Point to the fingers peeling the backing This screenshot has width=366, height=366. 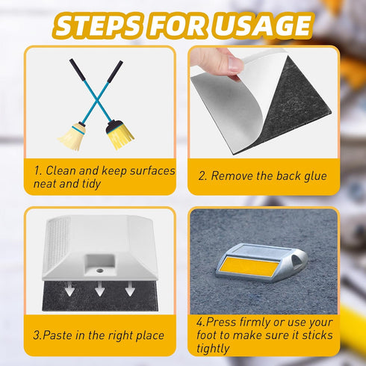(x=223, y=62)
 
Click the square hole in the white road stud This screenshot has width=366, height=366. (x=98, y=264)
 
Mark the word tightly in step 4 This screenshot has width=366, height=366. (x=215, y=349)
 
